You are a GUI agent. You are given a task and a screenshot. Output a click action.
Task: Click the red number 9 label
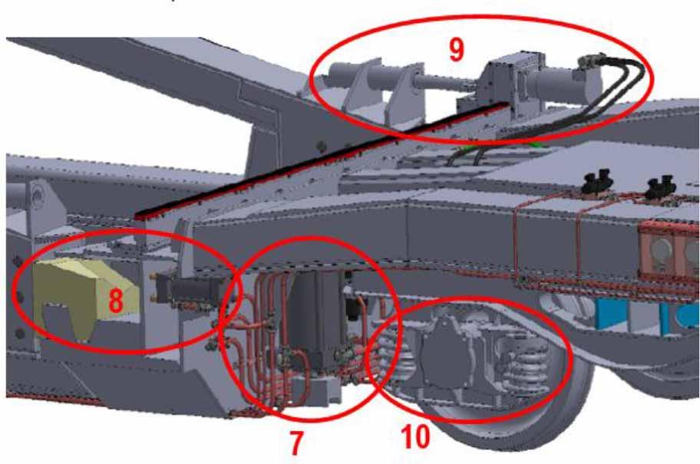(456, 49)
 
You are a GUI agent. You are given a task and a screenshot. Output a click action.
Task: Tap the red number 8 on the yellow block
(116, 299)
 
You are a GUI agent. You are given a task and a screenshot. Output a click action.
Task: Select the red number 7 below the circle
(296, 443)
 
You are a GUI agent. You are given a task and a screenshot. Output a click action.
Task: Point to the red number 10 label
(416, 436)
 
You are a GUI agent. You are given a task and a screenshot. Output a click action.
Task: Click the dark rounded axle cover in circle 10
(447, 357)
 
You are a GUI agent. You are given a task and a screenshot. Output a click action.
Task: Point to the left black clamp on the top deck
(597, 181)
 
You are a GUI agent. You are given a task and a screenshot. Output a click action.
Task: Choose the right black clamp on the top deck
(662, 185)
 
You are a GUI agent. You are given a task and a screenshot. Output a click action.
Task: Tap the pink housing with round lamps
(669, 251)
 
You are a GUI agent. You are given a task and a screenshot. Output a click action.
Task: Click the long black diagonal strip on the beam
(322, 160)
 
